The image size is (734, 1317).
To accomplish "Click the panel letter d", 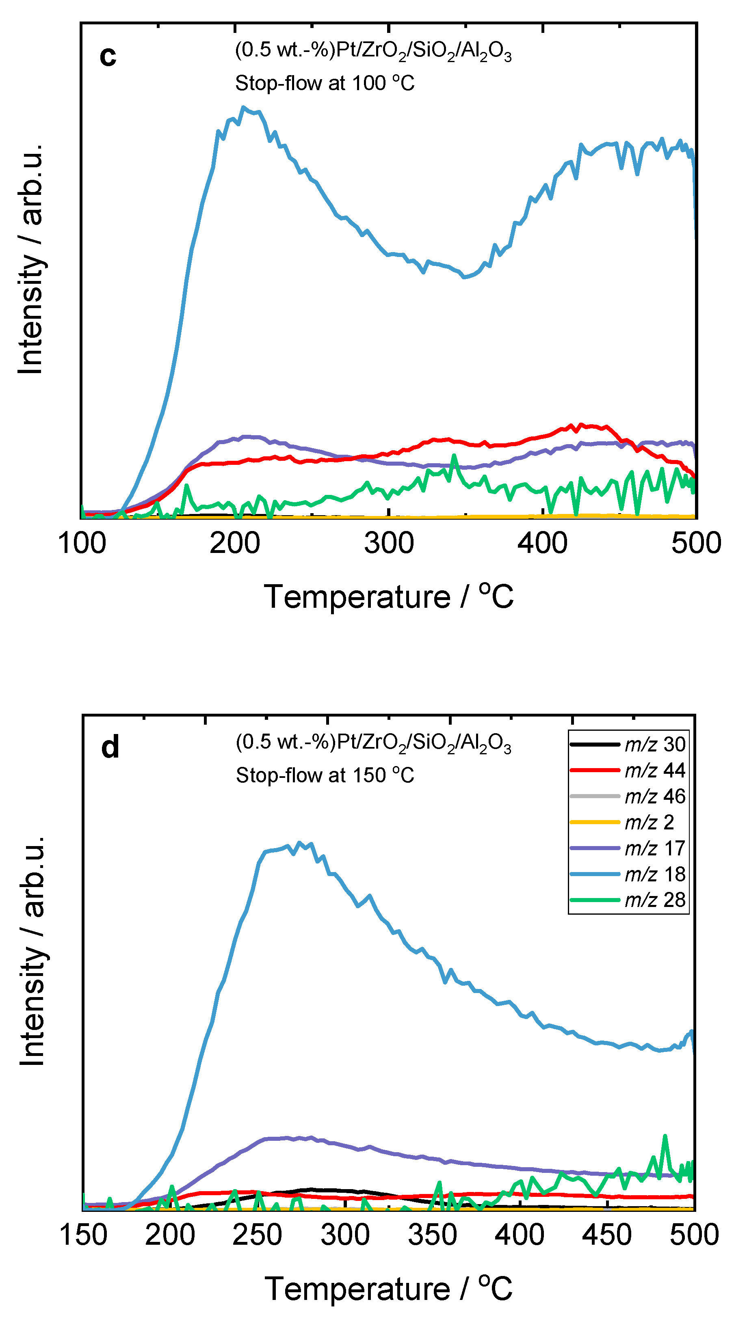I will click(x=110, y=747).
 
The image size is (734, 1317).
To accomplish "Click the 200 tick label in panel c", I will click(x=235, y=543).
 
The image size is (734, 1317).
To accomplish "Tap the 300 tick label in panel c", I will click(x=389, y=543).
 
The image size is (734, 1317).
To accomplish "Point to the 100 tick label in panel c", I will click(x=82, y=543).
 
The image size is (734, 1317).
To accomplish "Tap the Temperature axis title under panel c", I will click(x=389, y=597).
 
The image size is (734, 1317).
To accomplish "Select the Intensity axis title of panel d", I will click(x=32, y=951).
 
